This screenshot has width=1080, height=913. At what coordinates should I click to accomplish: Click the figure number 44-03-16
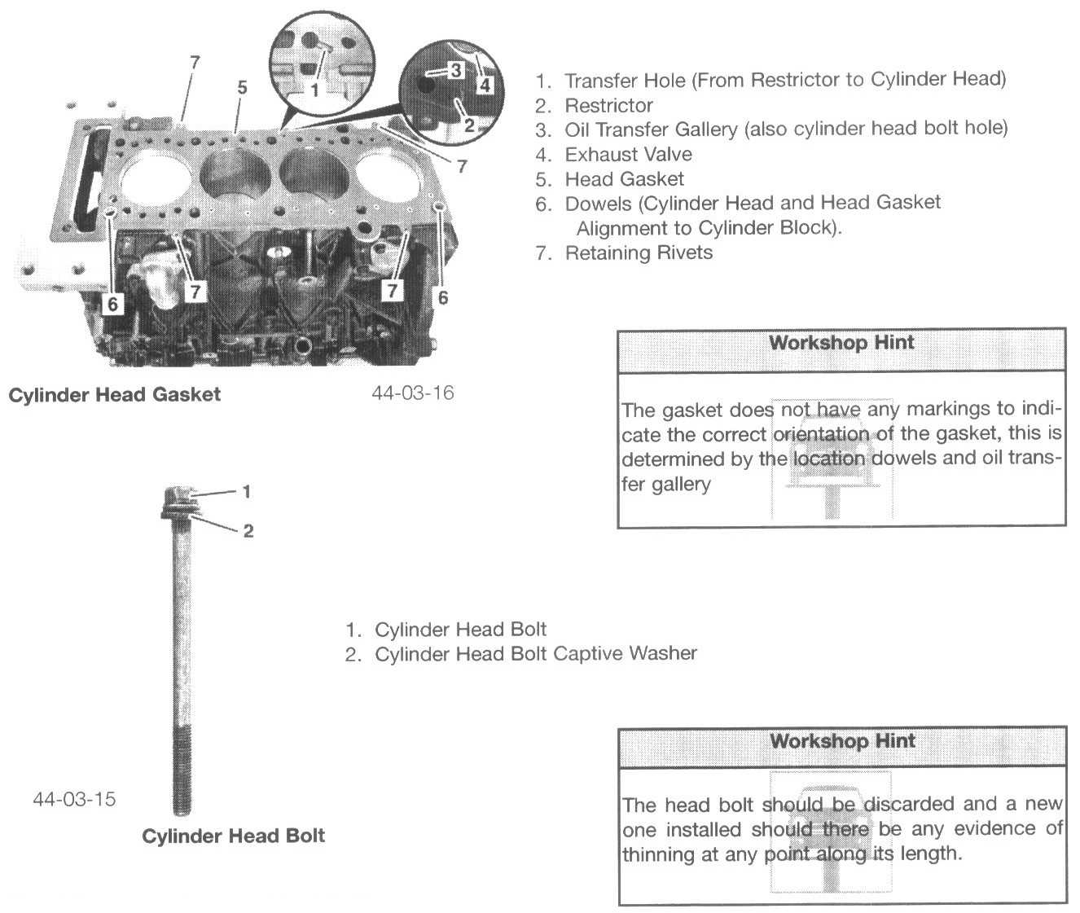(x=412, y=393)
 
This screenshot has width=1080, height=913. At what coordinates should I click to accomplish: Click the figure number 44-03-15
(x=74, y=798)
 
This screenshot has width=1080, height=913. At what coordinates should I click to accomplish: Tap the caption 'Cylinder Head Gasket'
(x=114, y=395)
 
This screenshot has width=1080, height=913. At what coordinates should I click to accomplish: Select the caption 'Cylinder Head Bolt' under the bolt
(x=233, y=836)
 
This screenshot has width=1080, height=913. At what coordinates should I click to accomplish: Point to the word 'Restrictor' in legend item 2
(x=608, y=105)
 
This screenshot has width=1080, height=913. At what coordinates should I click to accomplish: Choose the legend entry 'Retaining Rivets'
(x=639, y=252)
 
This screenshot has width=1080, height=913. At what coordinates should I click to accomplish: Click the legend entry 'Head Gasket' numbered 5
(x=624, y=178)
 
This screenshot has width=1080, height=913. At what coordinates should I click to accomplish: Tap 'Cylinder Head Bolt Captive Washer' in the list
(x=535, y=653)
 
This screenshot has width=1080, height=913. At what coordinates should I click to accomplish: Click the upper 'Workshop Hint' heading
(x=841, y=343)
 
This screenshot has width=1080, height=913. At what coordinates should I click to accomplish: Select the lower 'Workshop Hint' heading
(x=842, y=741)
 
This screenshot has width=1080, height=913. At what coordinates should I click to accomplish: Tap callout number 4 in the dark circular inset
(x=485, y=84)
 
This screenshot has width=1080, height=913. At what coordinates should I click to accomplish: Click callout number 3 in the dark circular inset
(x=455, y=70)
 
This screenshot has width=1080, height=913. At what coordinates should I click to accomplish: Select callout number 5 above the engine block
(x=242, y=87)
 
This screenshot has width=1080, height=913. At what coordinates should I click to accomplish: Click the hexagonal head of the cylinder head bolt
(x=178, y=495)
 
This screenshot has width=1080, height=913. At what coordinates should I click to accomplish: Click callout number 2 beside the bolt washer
(x=248, y=531)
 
